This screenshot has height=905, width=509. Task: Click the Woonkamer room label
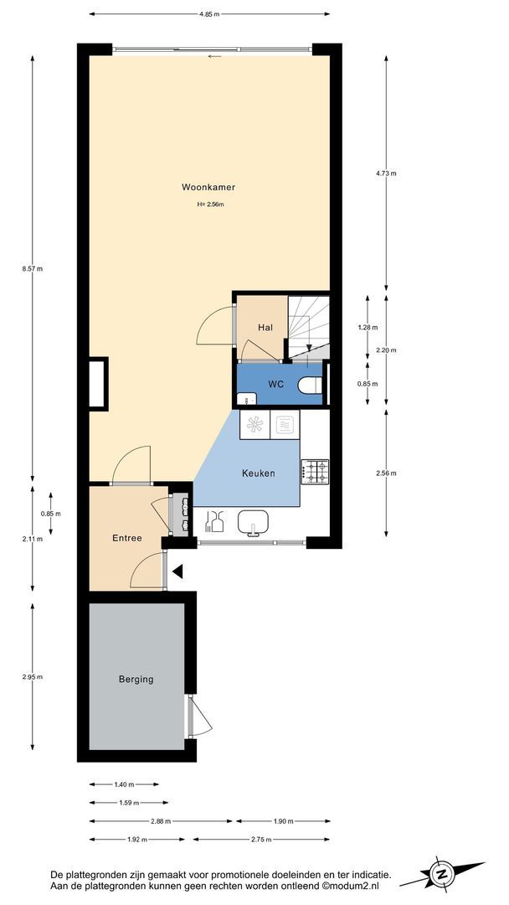click(x=208, y=187)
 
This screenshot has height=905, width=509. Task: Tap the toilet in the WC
click(x=311, y=385)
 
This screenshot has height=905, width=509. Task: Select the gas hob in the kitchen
click(x=315, y=471)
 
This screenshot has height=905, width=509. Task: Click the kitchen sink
click(x=253, y=522)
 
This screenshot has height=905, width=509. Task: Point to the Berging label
click(x=136, y=680)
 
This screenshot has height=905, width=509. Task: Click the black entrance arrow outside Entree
click(x=177, y=571)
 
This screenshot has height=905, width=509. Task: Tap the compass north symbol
click(x=441, y=874)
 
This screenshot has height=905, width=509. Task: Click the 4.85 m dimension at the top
click(x=209, y=14)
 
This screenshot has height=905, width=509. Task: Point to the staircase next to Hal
click(x=308, y=328)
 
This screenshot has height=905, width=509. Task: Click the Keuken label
click(x=258, y=473)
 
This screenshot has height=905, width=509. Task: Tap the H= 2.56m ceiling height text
click(x=210, y=204)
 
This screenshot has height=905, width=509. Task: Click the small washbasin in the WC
click(x=247, y=398)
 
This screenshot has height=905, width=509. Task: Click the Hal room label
click(x=265, y=328)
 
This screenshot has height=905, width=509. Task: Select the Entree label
click(x=126, y=539)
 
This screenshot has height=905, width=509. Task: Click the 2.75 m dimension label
click(x=262, y=840)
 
